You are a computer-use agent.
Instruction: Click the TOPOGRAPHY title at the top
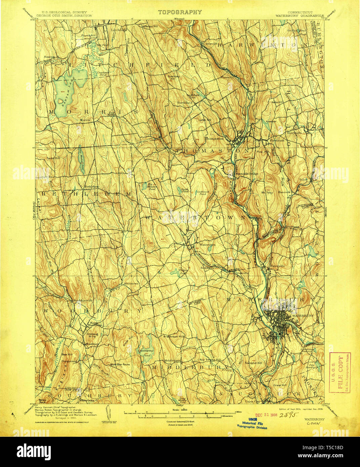180,12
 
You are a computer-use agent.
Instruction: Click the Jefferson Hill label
149,26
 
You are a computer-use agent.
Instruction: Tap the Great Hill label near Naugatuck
280,385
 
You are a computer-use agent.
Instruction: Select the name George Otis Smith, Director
59,15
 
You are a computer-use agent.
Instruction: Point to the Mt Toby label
266,193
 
